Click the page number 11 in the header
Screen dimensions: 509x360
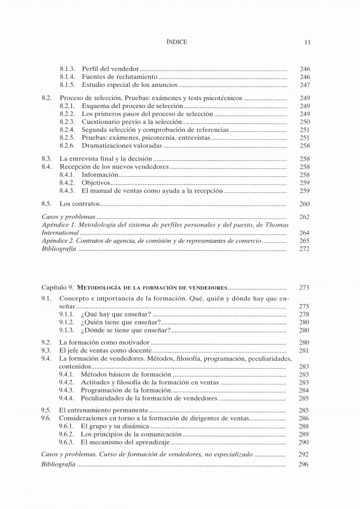pos(307,42)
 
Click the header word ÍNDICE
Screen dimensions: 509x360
pos(176,42)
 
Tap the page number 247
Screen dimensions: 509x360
pos(304,85)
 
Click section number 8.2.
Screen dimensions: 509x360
pos(46,97)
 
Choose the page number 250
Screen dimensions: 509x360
pos(304,122)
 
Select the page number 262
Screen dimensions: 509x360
pos(304,216)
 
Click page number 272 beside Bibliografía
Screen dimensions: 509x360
pos(304,249)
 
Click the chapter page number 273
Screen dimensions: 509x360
pos(304,288)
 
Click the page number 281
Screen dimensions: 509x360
pos(304,350)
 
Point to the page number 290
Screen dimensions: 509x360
pos(304,442)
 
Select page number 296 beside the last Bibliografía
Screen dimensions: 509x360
pos(304,465)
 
